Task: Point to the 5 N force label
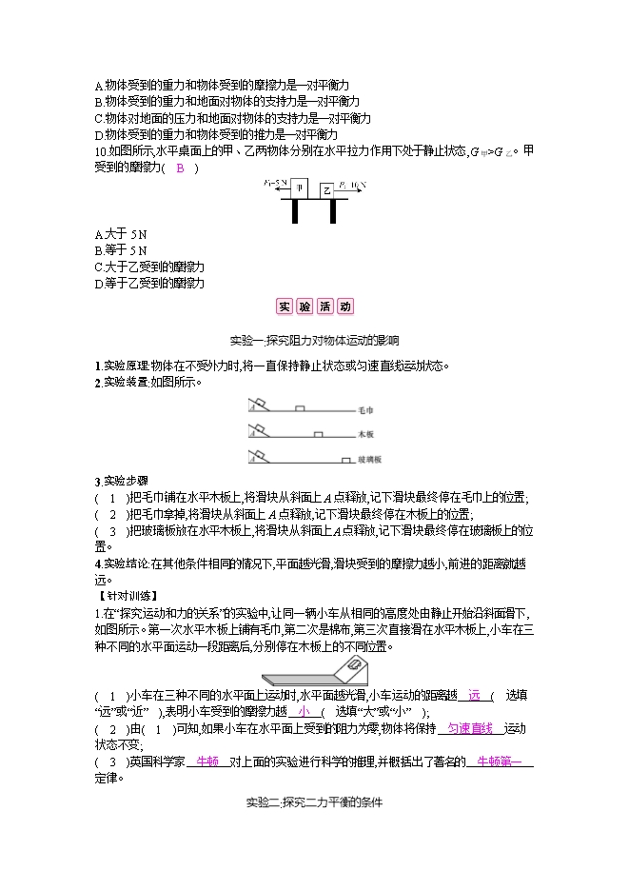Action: click(x=273, y=180)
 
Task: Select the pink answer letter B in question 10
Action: click(x=182, y=168)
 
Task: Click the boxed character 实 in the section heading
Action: click(x=285, y=307)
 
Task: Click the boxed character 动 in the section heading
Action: click(x=344, y=307)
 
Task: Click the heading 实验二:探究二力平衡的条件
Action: click(x=313, y=802)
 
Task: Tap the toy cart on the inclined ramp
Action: click(x=356, y=664)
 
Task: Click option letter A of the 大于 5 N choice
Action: click(x=99, y=234)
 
